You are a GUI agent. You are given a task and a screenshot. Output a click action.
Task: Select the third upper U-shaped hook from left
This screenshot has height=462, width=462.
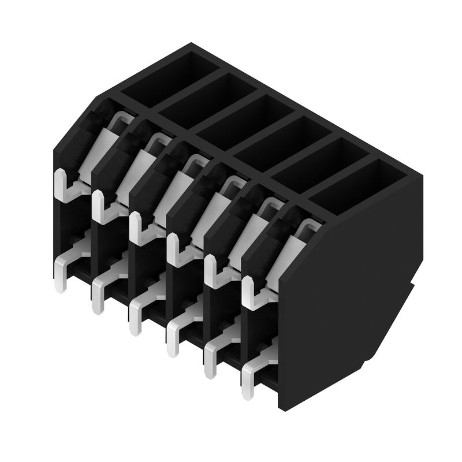[x=139, y=227]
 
